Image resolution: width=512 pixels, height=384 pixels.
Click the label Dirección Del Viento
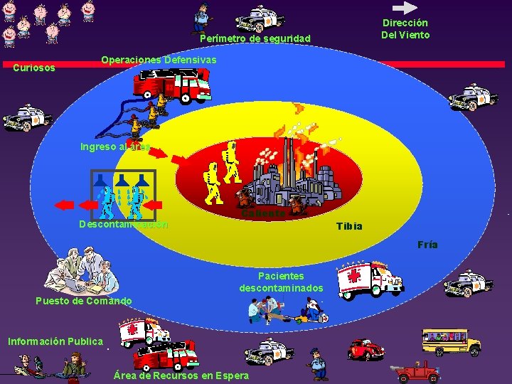click(x=405, y=28)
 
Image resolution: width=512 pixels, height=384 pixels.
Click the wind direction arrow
click(x=406, y=8)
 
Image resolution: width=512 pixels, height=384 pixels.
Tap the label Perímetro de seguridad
click(x=255, y=38)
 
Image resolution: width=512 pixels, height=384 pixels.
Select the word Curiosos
click(x=34, y=68)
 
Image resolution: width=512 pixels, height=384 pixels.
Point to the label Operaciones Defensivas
click(x=159, y=60)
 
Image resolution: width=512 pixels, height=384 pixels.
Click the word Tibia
click(x=349, y=226)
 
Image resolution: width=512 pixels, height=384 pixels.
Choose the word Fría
click(x=427, y=245)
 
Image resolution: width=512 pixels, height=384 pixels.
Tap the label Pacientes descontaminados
click(x=281, y=282)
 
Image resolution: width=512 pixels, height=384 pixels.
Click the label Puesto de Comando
click(x=84, y=301)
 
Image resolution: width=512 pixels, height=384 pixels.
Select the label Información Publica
click(x=55, y=341)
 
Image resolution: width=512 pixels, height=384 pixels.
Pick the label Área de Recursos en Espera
click(x=181, y=375)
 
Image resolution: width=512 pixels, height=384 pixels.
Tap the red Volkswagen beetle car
click(x=366, y=349)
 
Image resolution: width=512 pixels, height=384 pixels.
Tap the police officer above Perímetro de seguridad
click(x=203, y=18)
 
